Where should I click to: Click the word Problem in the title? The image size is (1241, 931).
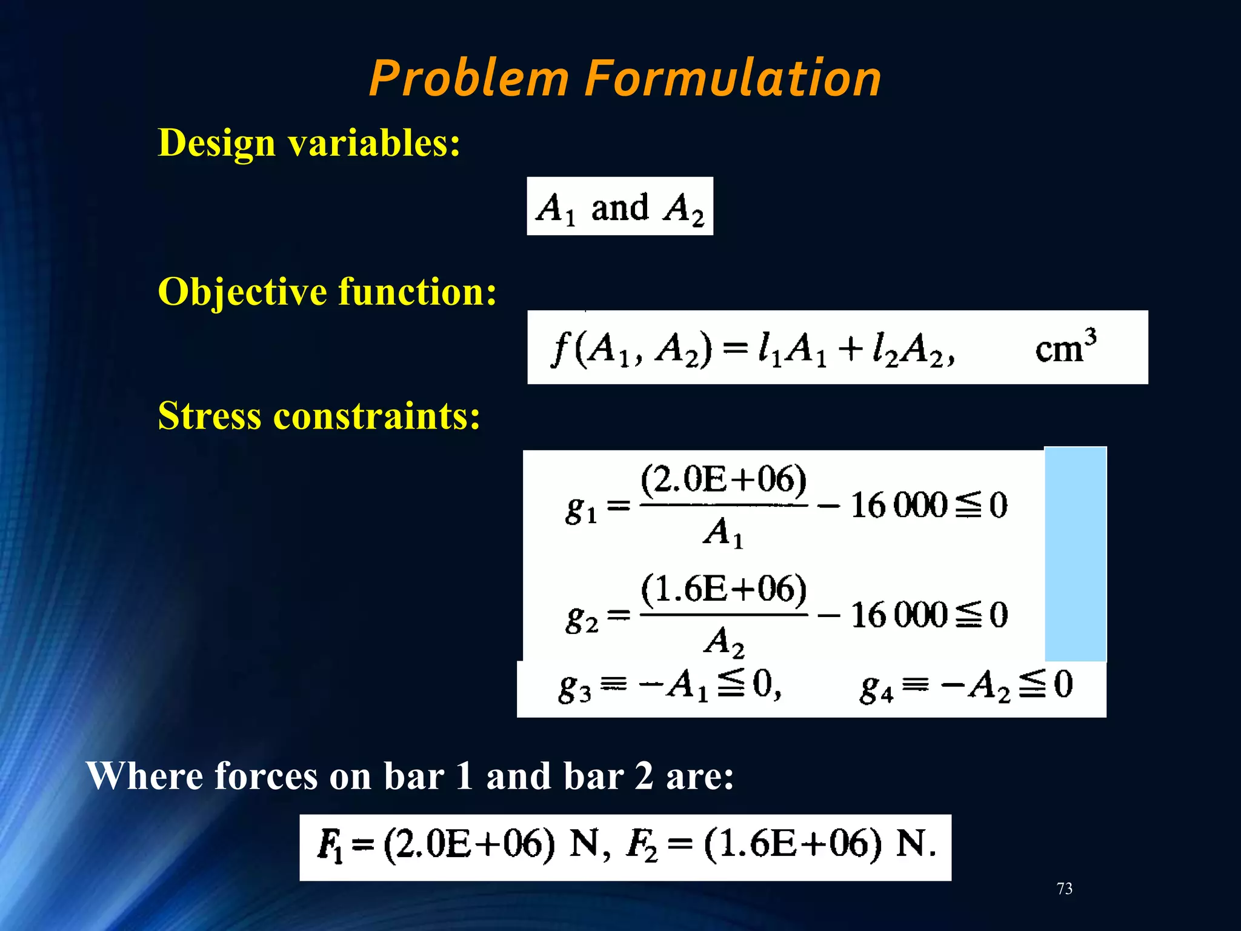pos(469,79)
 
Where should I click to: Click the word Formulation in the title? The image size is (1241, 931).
pos(733,79)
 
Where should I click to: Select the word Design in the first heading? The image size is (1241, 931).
pos(216,144)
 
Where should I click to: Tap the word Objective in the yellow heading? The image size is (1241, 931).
pos(242,292)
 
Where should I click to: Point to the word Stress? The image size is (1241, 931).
pos(210,417)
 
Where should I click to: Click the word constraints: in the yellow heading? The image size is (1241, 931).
pos(376,417)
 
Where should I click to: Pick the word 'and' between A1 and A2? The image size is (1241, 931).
pos(619,209)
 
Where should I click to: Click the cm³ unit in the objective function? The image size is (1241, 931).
pos(1065,348)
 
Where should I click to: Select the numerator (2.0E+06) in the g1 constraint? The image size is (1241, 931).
pos(724,480)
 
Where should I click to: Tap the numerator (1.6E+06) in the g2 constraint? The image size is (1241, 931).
pos(724,589)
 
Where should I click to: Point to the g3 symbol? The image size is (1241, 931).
pos(574,689)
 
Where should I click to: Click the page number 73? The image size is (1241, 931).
pos(1064,889)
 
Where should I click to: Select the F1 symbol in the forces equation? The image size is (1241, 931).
pos(330,846)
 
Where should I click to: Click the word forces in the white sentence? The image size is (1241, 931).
pos(265,776)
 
